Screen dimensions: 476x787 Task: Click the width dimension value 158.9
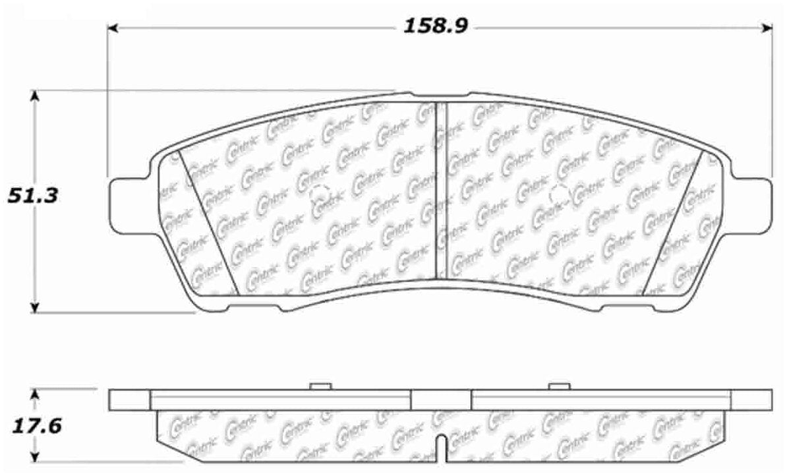(440, 27)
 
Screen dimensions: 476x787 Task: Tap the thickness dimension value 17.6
(34, 426)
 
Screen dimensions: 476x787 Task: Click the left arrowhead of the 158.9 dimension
(113, 28)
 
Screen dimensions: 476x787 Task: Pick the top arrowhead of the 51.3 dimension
(36, 96)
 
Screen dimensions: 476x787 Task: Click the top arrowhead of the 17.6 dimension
(36, 394)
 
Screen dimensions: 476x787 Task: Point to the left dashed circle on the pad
(320, 194)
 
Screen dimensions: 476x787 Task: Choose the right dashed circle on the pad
(559, 194)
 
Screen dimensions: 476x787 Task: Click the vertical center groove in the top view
(440, 191)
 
